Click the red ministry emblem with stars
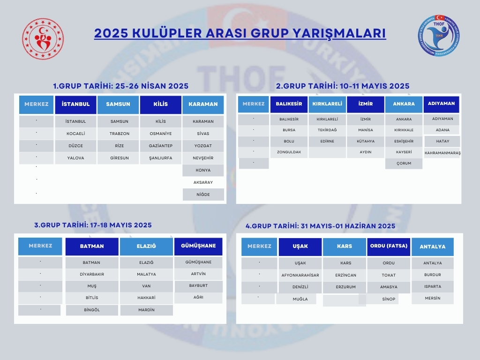coord(43,39)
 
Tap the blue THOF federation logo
coord(439,36)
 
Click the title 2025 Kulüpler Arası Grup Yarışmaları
coord(240,33)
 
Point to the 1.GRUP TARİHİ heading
coord(120,86)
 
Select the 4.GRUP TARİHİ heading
coord(320,226)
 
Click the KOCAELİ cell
coord(75,134)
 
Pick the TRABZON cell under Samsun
coord(120,134)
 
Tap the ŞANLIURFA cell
coord(161,158)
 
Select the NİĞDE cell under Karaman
coord(203,195)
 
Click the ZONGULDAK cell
coord(289,152)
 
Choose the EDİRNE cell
coord(327,141)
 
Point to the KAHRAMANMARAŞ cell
coord(442,153)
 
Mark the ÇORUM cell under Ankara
coord(404,163)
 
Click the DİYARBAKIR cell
coord(92,274)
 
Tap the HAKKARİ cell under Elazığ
coord(146,298)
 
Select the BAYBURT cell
coord(198,285)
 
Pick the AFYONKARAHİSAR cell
coord(300,275)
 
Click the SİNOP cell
coord(389,299)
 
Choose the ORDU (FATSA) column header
coord(389,246)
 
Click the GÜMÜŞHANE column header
coord(198,246)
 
